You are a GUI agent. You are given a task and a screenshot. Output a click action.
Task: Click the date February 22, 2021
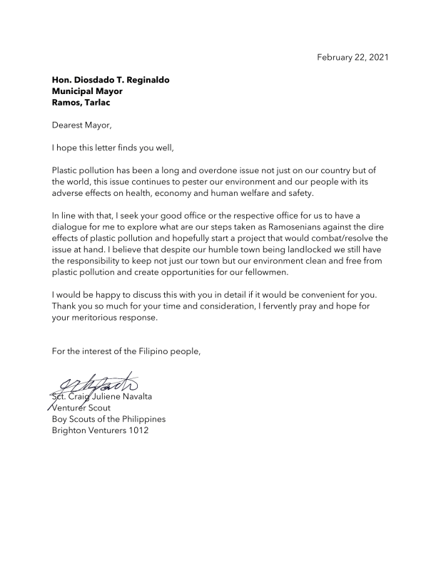coord(353,57)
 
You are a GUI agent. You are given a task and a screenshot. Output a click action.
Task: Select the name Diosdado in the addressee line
coord(102,80)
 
